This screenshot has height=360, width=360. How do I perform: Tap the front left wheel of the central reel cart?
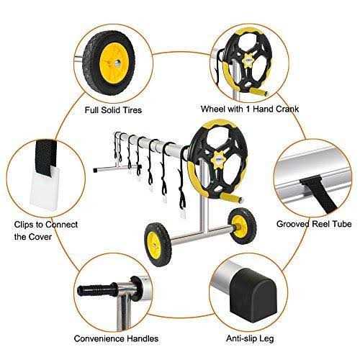(157, 236)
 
